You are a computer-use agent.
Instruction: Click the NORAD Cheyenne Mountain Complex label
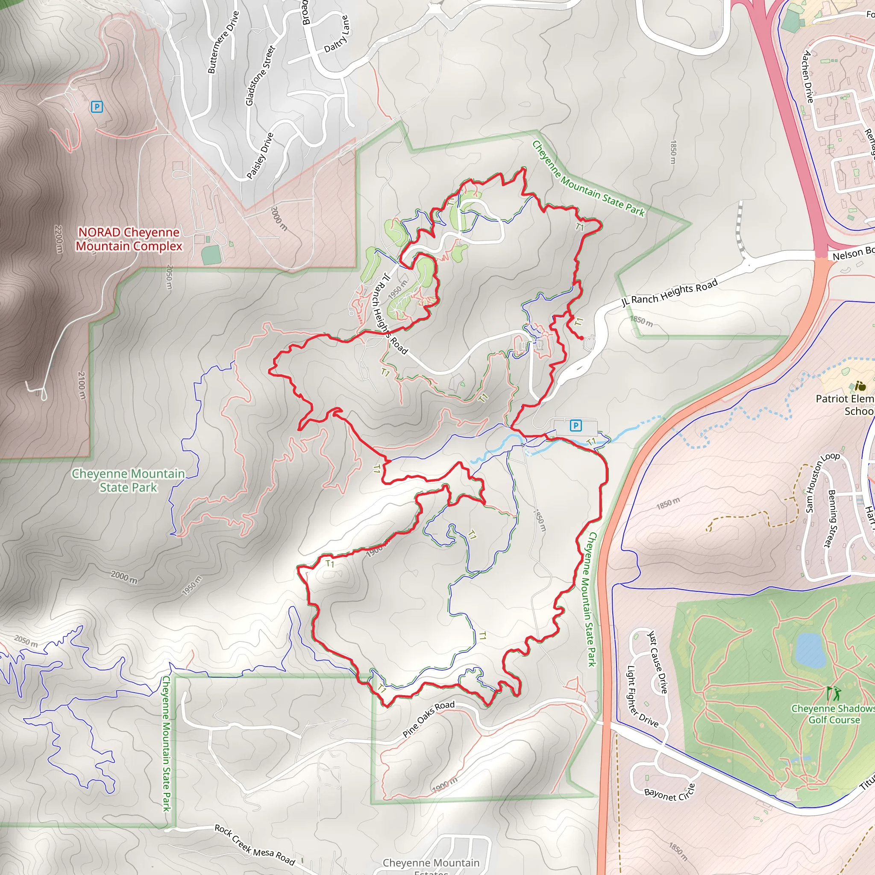(129, 239)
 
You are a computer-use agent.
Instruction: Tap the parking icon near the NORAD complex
(97, 107)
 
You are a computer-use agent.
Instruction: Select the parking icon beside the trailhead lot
(575, 425)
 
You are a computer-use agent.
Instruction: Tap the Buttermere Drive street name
(223, 42)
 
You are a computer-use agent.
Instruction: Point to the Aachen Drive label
(808, 76)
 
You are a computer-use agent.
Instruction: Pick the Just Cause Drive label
(658, 662)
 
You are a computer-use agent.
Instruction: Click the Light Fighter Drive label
(642, 696)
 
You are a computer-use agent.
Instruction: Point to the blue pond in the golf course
(810, 650)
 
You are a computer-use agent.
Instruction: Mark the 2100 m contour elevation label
(81, 386)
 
